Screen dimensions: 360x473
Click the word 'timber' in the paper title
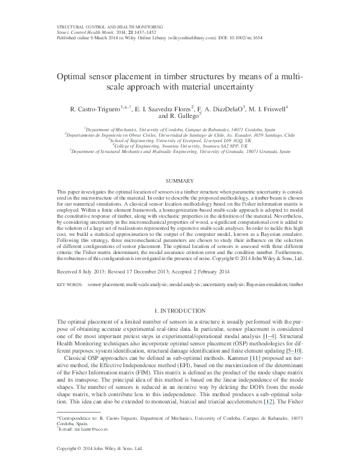coord(189,77)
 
